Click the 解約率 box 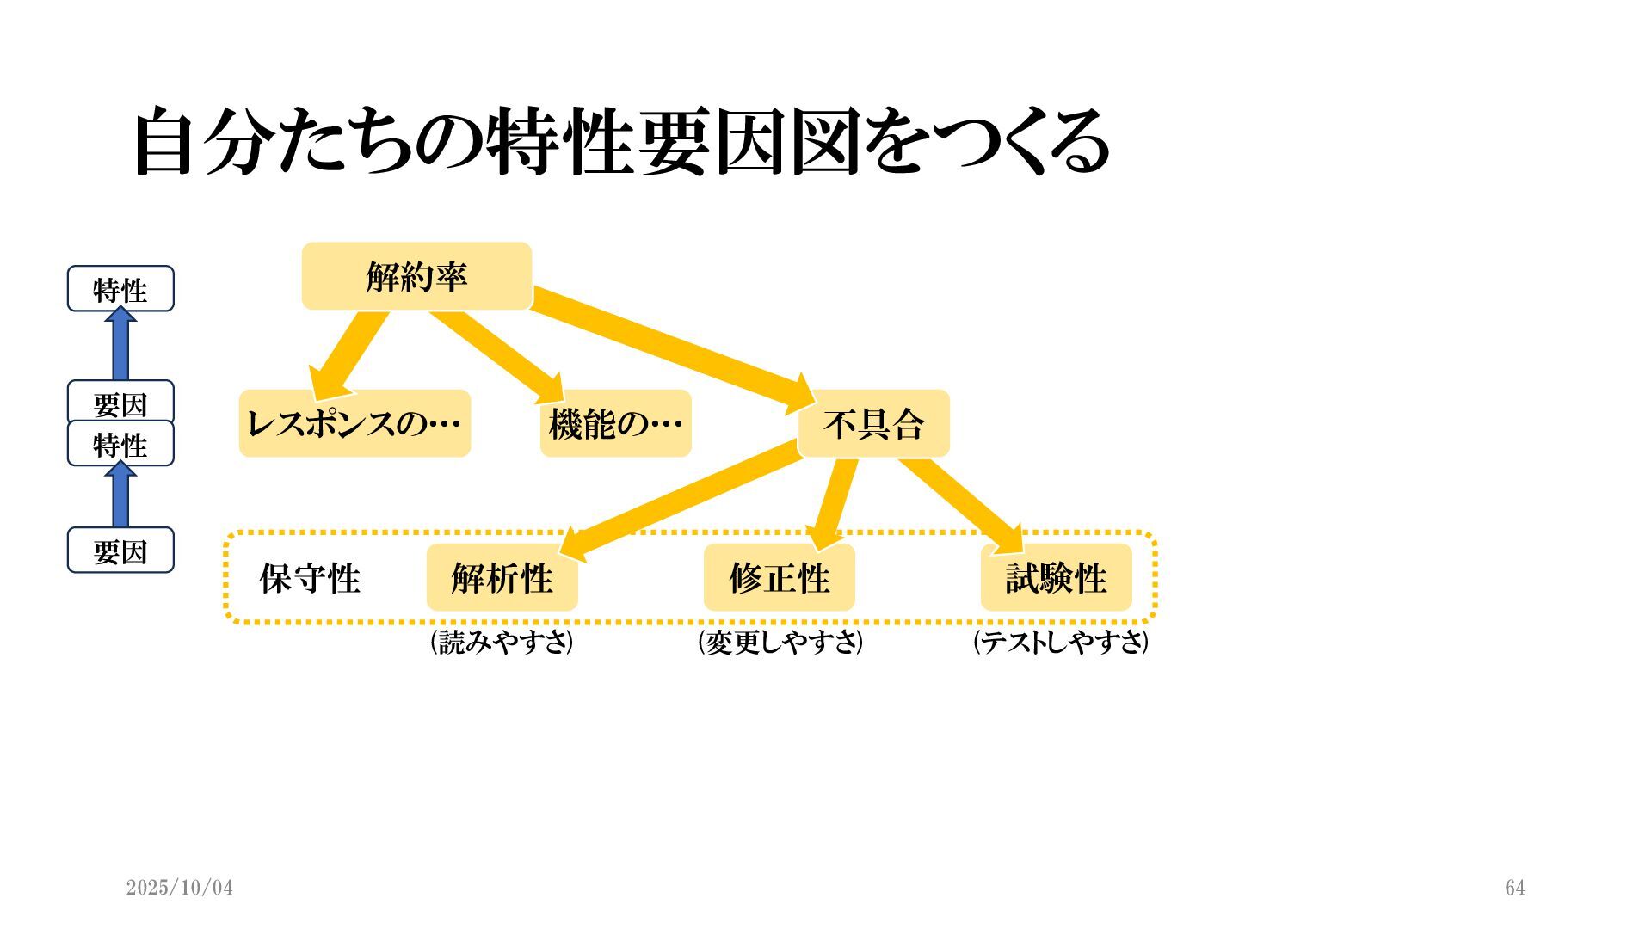click(x=416, y=276)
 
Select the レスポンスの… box click(x=354, y=423)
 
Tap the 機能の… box click(x=615, y=423)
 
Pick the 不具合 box click(x=873, y=423)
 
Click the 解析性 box click(x=502, y=577)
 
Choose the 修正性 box click(x=779, y=577)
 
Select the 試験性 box click(x=1056, y=577)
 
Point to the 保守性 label click(x=310, y=578)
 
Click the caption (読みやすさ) click(x=502, y=642)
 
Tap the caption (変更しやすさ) click(x=780, y=642)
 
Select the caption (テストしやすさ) click(x=1061, y=642)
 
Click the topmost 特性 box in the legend click(x=120, y=289)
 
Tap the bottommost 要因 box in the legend click(x=120, y=551)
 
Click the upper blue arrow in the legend click(x=120, y=344)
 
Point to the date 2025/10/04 click(x=179, y=888)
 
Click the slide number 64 click(x=1515, y=888)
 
